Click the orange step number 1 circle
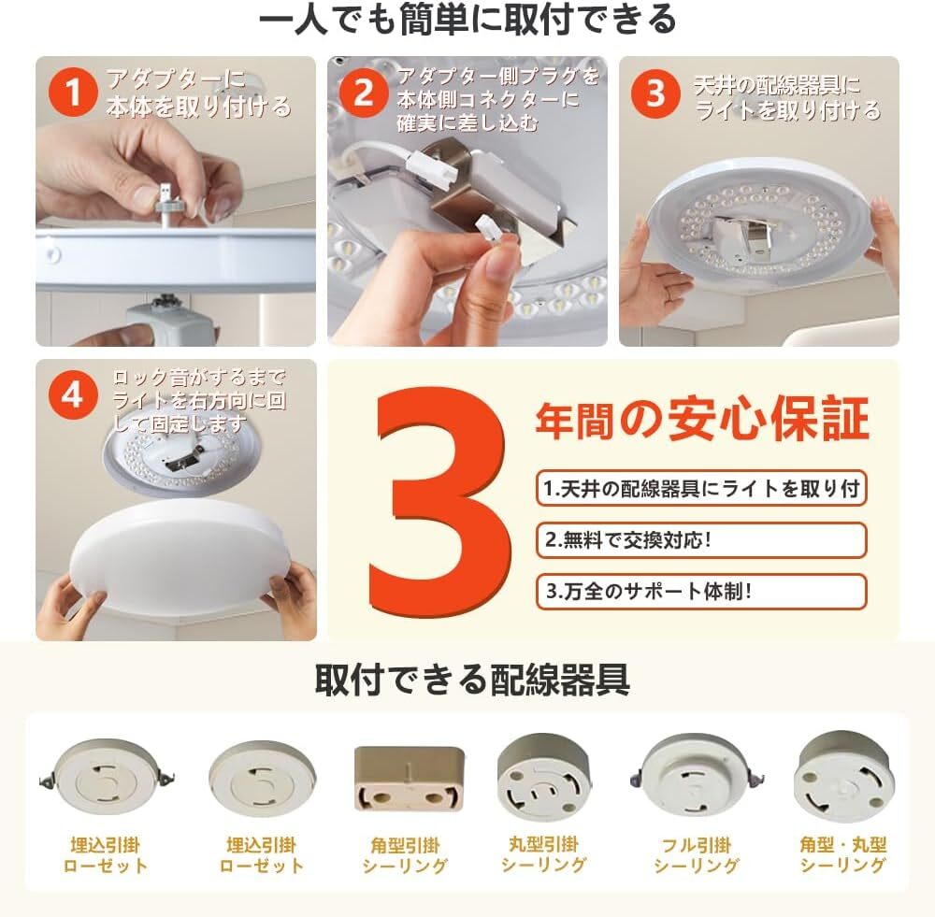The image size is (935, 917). (x=73, y=93)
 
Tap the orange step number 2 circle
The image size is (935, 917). (x=364, y=93)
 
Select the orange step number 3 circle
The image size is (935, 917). (x=655, y=93)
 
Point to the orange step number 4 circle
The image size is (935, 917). (x=73, y=395)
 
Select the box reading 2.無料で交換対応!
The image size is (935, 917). (x=701, y=540)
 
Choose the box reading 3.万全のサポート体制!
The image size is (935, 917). (x=701, y=592)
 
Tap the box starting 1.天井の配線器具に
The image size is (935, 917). (x=701, y=488)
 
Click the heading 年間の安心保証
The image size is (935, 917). (x=702, y=420)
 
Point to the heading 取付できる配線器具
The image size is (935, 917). (x=471, y=680)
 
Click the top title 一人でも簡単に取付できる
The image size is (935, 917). (x=467, y=19)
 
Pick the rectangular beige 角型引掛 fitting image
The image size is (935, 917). (x=410, y=778)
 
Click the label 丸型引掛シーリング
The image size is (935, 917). (x=543, y=854)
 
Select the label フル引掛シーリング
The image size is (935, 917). (x=696, y=855)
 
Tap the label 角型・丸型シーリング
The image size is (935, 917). (x=842, y=854)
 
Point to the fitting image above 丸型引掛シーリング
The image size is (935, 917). (x=544, y=777)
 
